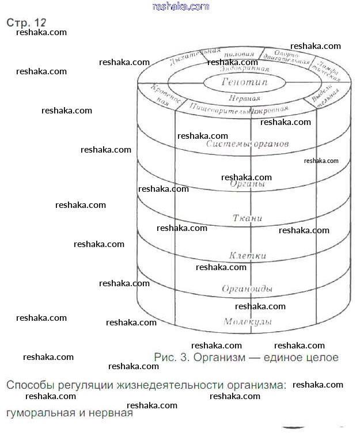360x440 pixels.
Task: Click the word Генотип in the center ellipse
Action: coord(244,82)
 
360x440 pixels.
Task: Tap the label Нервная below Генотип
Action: coord(240,97)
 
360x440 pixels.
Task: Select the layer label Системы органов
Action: coord(247,143)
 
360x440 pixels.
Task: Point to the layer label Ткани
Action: coord(247,218)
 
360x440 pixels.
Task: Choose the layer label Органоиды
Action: coord(247,288)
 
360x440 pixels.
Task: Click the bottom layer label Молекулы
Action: coord(247,321)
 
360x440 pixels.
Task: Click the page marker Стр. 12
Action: coord(26,22)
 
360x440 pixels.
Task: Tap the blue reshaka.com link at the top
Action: coord(180,6)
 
